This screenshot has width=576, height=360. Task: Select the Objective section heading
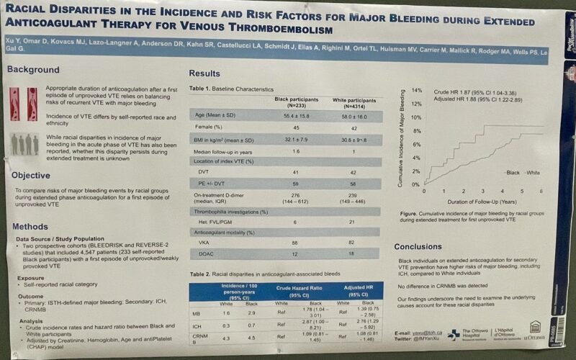pyautogui.click(x=31, y=175)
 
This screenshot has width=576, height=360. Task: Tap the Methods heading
pyautogui.click(x=30, y=227)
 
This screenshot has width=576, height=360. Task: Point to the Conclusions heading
pyautogui.click(x=428, y=246)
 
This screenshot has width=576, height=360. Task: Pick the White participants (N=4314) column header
pyautogui.click(x=351, y=102)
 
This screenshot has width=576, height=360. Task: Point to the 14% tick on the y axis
pyautogui.click(x=415, y=91)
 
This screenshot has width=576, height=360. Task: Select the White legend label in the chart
pyautogui.click(x=533, y=173)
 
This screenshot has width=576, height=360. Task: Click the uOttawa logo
pyautogui.click(x=534, y=336)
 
